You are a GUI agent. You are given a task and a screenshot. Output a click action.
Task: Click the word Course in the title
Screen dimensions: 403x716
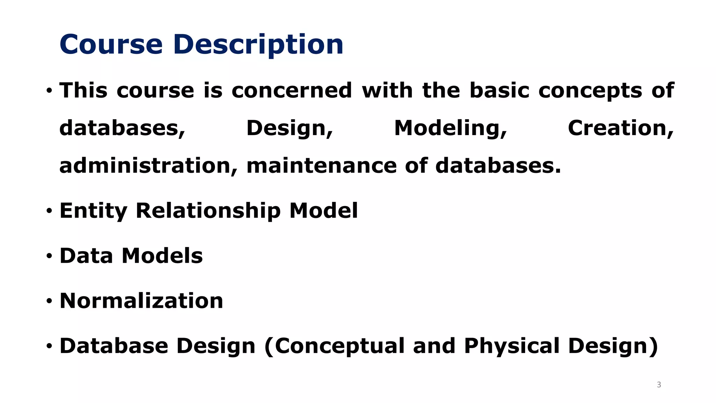(111, 44)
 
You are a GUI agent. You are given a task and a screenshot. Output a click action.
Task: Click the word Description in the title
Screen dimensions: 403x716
(258, 45)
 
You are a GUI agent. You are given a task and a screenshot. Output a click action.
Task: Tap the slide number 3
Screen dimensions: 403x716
(659, 385)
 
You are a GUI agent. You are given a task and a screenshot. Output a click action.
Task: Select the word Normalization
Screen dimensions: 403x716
(141, 301)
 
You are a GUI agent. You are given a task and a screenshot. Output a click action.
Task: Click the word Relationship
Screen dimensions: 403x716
(208, 211)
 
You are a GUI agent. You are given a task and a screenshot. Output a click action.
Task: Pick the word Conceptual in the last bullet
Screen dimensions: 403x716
(339, 346)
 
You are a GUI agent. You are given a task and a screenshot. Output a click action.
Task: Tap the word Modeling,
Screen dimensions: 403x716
(450, 128)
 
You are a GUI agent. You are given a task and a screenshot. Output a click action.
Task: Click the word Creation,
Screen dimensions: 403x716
(621, 128)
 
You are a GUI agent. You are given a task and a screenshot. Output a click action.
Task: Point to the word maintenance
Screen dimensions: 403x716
(322, 165)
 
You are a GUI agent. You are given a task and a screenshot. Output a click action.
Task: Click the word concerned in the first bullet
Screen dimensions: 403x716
(292, 91)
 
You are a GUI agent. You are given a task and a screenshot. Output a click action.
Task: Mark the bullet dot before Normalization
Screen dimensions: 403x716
(49, 301)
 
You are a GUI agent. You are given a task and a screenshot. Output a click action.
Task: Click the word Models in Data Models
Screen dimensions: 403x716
(162, 256)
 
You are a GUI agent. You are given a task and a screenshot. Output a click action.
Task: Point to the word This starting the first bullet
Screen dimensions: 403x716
(83, 91)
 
